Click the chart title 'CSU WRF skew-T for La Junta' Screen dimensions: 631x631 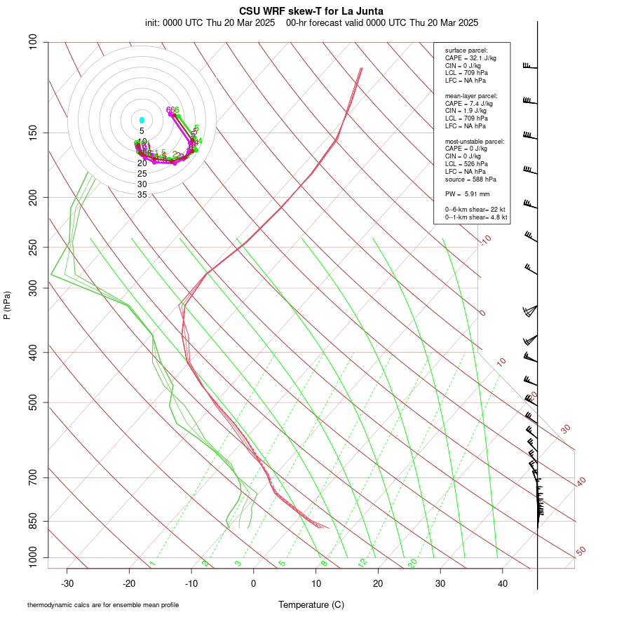click(x=311, y=11)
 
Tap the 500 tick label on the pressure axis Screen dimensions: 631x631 click(x=34, y=402)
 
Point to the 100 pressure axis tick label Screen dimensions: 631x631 click(x=34, y=42)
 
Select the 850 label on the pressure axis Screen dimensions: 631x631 click(x=34, y=521)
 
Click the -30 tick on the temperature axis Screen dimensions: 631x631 click(x=67, y=583)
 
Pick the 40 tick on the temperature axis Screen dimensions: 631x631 click(x=503, y=583)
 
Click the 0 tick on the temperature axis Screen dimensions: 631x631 click(x=254, y=583)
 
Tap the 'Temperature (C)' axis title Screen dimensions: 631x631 click(x=311, y=604)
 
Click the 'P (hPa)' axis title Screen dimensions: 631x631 click(x=7, y=305)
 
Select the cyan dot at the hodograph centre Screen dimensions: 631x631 click(x=142, y=121)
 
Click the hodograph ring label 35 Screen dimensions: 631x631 click(x=142, y=195)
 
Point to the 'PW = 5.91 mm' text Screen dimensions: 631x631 click(x=467, y=194)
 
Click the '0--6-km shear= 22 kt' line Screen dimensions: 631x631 click(x=475, y=210)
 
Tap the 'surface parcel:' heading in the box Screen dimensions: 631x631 click(x=465, y=50)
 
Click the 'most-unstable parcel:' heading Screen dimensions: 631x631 click(x=475, y=142)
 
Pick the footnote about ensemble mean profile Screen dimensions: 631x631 click(x=103, y=604)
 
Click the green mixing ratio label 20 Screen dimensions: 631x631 click(x=413, y=562)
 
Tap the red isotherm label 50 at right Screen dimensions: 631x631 click(x=581, y=551)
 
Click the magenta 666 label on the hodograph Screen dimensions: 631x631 click(x=172, y=110)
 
